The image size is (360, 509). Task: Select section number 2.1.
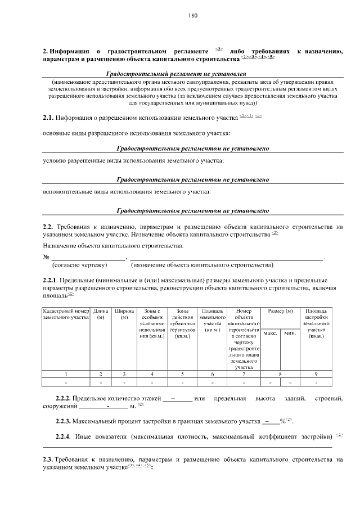pos(48,118)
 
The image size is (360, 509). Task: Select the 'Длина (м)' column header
pos(101,314)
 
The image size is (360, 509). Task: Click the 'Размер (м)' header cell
pos(280,310)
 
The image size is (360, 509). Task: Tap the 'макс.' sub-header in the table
pos(271,334)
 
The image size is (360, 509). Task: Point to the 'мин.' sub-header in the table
pos(290,334)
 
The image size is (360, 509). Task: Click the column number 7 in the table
pos(244,374)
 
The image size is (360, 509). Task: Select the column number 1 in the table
pos(66,374)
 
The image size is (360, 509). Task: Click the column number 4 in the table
pos(151,374)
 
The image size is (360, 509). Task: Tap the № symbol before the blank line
pos(47,256)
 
